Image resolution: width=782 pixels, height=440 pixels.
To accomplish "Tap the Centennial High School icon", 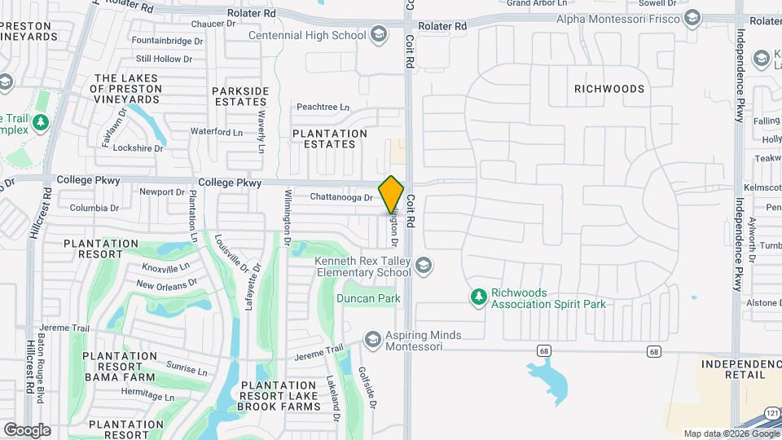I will point(378,35).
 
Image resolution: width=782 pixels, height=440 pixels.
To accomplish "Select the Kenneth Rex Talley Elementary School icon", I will point(423,266).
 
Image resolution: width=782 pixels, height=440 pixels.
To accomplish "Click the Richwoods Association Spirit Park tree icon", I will point(480,297).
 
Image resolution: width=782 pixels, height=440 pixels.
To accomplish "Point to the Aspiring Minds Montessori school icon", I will point(373,340).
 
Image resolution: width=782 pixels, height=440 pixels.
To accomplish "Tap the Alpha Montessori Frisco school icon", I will point(693,19).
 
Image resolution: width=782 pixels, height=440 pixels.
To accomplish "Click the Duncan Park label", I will point(368,299).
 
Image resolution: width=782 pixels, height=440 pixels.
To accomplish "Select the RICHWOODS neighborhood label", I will point(609,89).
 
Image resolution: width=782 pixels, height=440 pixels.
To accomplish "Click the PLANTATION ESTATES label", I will point(329,139).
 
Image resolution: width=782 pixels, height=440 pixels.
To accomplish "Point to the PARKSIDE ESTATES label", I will point(239,96).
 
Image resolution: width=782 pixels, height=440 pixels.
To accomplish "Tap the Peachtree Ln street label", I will point(323,108).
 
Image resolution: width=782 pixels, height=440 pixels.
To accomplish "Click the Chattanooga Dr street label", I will point(340,197).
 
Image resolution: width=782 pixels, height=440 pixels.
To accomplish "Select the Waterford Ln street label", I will point(217,131).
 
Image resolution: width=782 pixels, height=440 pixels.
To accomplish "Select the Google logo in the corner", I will point(27,430).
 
